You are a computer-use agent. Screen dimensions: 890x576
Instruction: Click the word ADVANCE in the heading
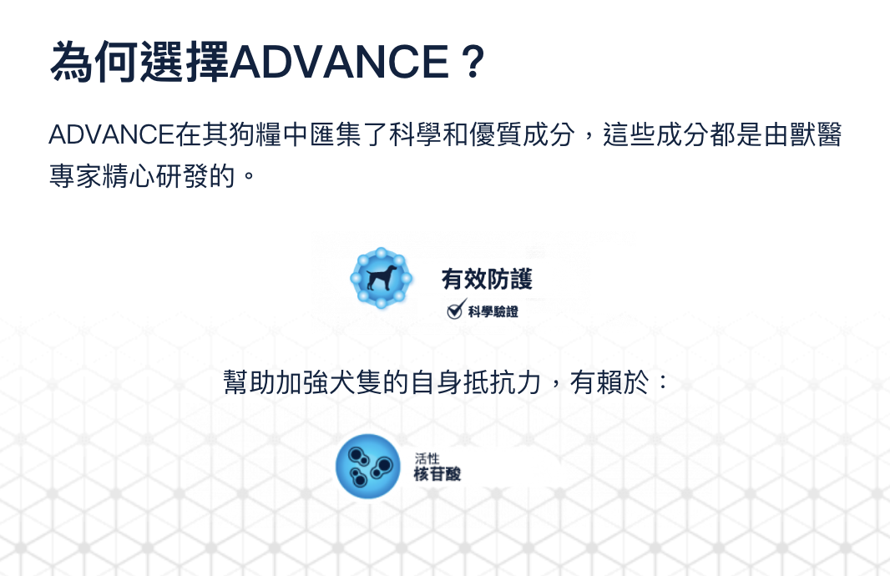tap(340, 61)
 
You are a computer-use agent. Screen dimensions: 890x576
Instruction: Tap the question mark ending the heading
tap(473, 61)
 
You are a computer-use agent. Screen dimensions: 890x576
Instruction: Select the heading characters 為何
tap(94, 61)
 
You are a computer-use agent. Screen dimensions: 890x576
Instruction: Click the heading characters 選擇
tap(185, 61)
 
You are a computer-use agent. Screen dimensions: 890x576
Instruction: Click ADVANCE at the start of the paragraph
tap(111, 135)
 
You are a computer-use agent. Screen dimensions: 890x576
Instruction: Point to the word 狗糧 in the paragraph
tap(255, 135)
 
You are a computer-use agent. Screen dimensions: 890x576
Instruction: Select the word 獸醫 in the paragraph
tap(815, 135)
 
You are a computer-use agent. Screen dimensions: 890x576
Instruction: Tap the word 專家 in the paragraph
tap(75, 176)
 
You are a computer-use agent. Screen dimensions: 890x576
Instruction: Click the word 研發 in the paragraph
tap(181, 176)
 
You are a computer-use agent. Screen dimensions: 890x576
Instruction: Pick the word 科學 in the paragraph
tap(416, 135)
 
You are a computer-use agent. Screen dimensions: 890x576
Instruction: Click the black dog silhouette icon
tap(382, 277)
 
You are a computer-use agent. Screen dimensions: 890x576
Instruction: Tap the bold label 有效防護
tap(487, 279)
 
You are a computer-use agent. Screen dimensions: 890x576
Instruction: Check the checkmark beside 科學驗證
tap(456, 309)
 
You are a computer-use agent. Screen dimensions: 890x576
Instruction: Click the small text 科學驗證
tap(493, 311)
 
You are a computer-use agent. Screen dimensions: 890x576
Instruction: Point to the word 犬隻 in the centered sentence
tap(356, 382)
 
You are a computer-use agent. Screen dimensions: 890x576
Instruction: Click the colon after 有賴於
tap(662, 382)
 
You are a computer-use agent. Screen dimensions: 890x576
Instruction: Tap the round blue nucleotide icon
tap(368, 467)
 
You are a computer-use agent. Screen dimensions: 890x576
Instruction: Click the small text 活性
tap(427, 458)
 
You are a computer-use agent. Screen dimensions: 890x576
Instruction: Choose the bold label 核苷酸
tap(437, 474)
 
